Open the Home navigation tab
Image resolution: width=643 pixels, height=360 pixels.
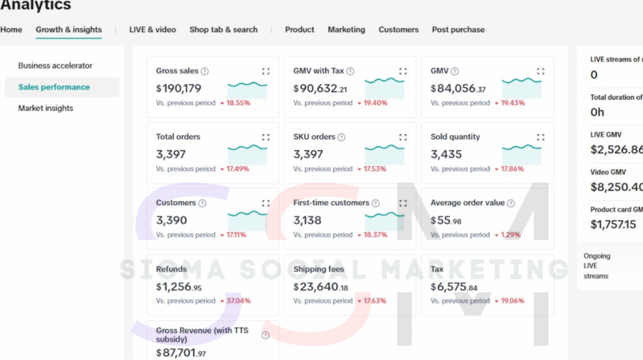coord(11,29)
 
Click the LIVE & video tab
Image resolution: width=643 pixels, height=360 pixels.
coord(153,29)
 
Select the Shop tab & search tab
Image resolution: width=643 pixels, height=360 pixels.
coord(223,29)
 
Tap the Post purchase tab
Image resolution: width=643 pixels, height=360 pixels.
coord(458,29)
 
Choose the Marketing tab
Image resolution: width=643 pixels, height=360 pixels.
coord(346,29)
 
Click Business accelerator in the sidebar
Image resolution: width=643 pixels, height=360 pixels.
coord(55,66)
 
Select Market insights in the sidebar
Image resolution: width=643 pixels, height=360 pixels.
coord(46,108)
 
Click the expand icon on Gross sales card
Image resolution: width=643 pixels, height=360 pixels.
coord(265,71)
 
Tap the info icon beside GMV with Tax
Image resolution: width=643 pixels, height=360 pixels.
coord(350,71)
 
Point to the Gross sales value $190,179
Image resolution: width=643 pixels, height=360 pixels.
coord(179,88)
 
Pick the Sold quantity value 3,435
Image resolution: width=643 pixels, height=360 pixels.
coord(446,155)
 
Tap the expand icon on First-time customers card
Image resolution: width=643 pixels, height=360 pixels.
coord(403,203)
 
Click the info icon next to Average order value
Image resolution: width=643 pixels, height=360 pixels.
coord(510,203)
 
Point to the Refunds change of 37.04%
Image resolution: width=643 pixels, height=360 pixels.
coord(238,300)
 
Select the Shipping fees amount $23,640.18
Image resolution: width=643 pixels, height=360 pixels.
coord(321,287)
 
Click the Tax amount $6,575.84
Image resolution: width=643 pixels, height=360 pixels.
coord(454,287)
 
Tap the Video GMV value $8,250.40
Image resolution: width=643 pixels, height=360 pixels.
coord(616,187)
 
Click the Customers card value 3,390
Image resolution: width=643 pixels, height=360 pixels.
coord(171,220)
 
